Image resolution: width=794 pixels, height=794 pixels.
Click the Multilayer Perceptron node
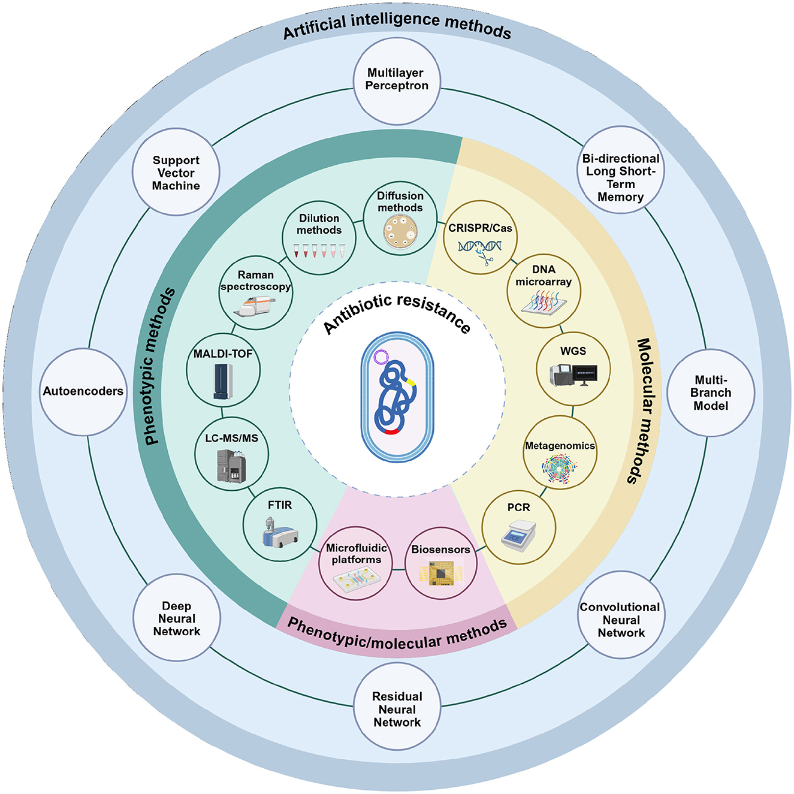[x=397, y=80]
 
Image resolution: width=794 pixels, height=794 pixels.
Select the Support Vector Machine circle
[x=176, y=173]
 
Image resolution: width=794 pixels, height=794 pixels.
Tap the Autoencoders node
[x=83, y=391]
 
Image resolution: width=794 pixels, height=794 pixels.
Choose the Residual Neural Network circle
[x=397, y=709]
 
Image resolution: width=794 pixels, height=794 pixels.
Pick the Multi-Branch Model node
[x=711, y=393]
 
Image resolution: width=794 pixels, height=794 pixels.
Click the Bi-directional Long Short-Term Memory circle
[x=621, y=170]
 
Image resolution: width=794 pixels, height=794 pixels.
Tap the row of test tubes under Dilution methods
[x=319, y=250]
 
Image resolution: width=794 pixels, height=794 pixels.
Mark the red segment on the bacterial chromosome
[x=392, y=431]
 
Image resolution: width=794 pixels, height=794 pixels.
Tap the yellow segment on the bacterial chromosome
[x=411, y=381]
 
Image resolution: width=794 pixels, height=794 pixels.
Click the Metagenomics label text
[x=560, y=446]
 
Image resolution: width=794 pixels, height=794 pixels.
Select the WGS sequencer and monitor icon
[x=573, y=375]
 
